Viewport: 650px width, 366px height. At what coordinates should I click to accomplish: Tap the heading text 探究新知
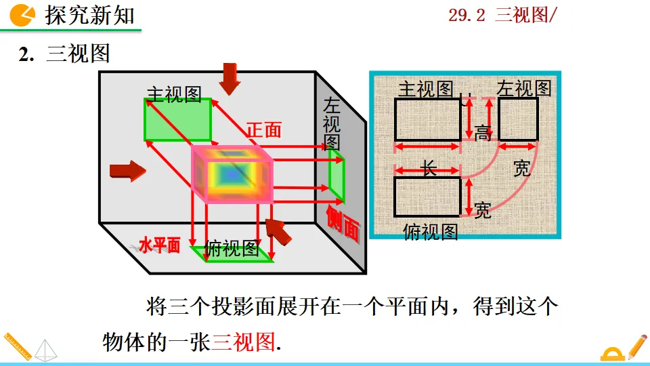[x=89, y=14]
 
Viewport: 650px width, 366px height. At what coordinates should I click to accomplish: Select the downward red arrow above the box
[x=230, y=78]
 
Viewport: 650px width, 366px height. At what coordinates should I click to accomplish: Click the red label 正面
[x=263, y=129]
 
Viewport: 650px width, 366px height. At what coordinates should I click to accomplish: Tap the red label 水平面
[x=160, y=245]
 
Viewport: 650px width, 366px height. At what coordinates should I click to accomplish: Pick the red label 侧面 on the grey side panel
[x=343, y=223]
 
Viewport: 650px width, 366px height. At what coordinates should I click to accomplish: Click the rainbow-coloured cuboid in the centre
[x=232, y=174]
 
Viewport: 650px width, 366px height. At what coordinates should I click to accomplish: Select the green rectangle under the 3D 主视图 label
[x=177, y=119]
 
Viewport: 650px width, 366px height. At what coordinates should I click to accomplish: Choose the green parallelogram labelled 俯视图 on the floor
[x=232, y=253]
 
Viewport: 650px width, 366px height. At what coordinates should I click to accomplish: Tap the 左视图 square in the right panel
[x=518, y=119]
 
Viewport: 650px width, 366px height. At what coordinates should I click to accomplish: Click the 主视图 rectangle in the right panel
[x=427, y=119]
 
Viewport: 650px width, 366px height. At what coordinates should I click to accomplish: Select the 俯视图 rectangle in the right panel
[x=427, y=197]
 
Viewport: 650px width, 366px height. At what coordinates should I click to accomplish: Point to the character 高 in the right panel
[x=483, y=133]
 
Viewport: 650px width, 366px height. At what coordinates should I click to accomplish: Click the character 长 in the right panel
[x=429, y=168]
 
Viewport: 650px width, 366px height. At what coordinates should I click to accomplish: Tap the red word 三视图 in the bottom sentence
[x=244, y=341]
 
